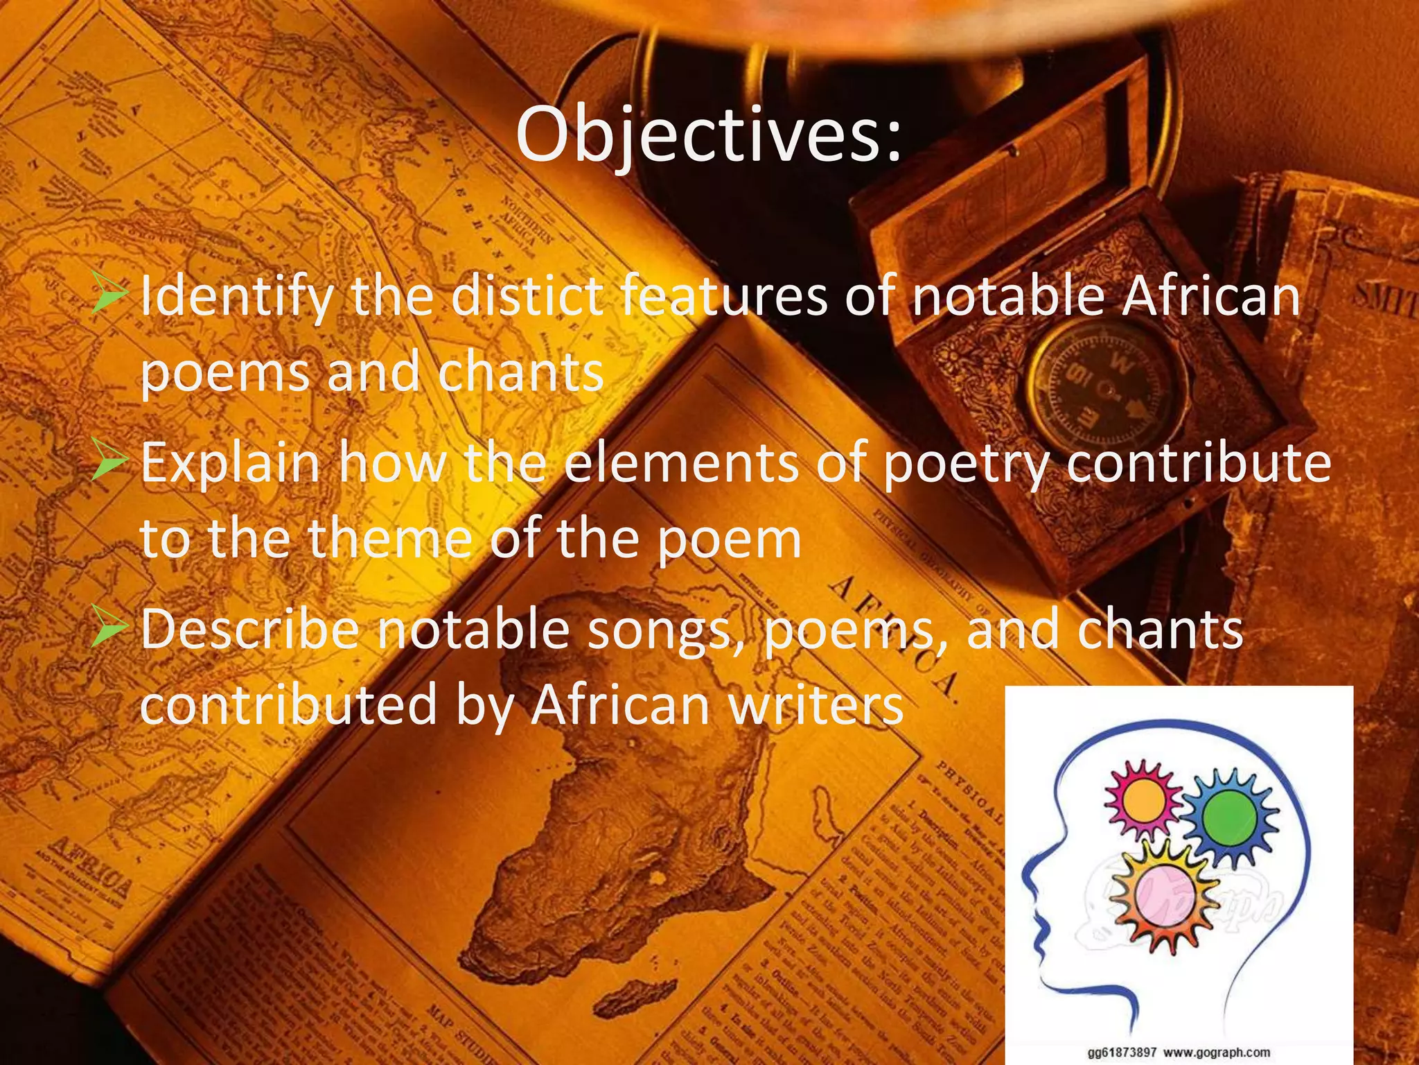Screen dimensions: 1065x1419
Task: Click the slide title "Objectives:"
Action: coord(709,135)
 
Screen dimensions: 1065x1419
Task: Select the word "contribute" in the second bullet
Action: coord(1198,463)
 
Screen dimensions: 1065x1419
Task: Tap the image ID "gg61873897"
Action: coord(1122,1053)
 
